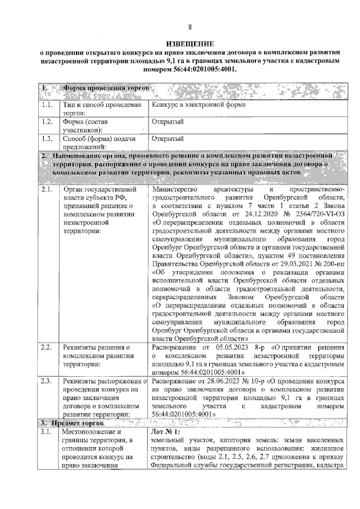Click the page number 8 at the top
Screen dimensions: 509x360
[x=190, y=27]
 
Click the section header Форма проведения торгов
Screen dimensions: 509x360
[x=107, y=89]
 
